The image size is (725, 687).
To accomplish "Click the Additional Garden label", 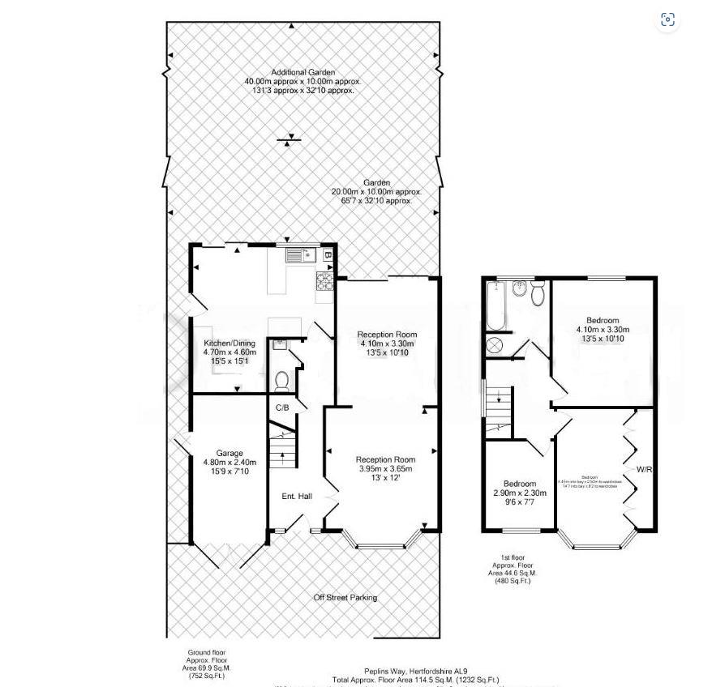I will (x=302, y=73).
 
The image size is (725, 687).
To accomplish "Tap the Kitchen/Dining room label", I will (x=230, y=343).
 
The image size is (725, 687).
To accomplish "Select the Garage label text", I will (x=230, y=454).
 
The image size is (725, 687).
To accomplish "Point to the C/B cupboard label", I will (x=282, y=408).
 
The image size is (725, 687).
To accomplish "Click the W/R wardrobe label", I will (x=645, y=469).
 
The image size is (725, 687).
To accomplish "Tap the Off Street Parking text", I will (x=345, y=598).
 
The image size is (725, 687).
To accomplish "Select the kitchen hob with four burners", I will (x=325, y=281).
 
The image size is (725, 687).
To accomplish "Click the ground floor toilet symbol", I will (x=282, y=379).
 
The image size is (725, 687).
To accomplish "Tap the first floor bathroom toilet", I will (x=537, y=296).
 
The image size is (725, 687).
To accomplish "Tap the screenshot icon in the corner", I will (x=667, y=20).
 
